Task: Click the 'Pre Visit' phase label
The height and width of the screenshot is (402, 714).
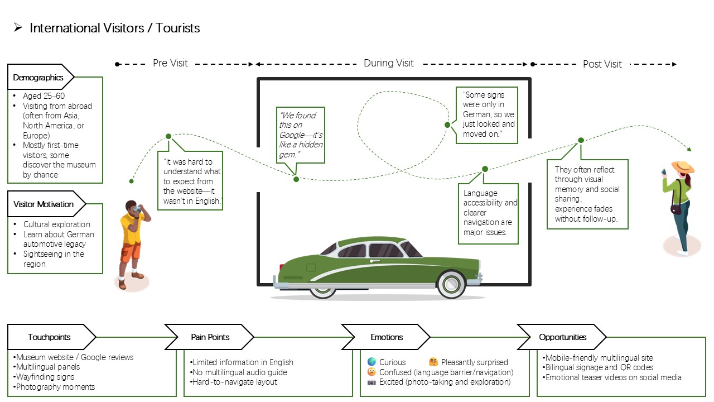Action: click(170, 63)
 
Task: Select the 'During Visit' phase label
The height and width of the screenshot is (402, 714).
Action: click(389, 63)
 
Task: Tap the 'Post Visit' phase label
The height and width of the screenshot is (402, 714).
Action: click(602, 64)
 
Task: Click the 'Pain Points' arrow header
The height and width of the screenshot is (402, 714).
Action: click(209, 337)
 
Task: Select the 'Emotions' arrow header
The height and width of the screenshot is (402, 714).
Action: click(386, 337)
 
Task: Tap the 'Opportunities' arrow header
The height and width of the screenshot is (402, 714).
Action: click(562, 337)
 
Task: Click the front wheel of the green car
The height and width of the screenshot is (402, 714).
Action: click(451, 284)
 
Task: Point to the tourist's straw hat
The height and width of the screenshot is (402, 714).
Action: click(683, 166)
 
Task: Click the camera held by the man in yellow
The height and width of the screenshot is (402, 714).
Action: click(137, 209)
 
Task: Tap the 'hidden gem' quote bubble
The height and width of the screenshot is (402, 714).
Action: click(300, 135)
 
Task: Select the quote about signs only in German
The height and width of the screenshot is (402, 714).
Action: click(487, 115)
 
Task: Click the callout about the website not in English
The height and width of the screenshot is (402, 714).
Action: click(190, 180)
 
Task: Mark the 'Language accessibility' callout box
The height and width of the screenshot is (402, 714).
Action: click(488, 213)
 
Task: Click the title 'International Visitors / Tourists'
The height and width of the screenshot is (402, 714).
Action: click(115, 28)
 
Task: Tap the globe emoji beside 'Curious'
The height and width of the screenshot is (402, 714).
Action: click(372, 361)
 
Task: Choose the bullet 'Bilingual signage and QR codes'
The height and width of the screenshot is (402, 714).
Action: click(597, 367)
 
